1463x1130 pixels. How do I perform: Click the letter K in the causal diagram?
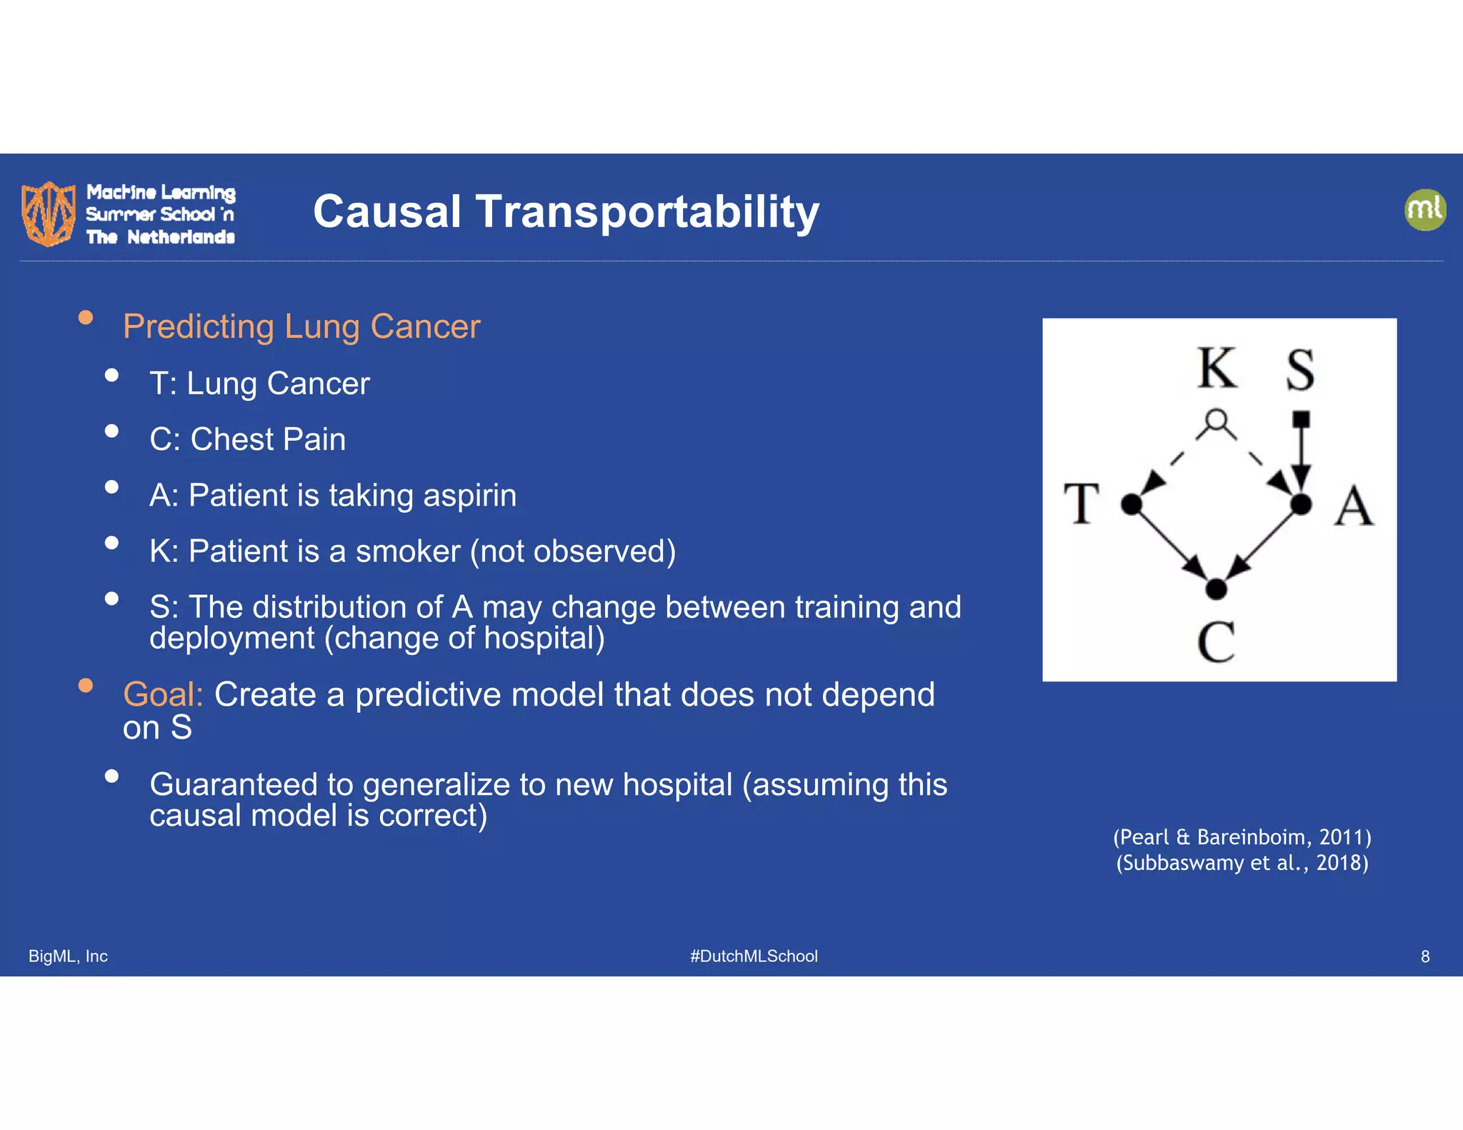click(1217, 369)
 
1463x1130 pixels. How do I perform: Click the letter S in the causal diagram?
click(1300, 370)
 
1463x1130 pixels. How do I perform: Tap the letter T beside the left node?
click(1081, 504)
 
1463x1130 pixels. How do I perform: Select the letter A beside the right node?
click(1353, 506)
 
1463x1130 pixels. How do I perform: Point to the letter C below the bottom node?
click(1216, 641)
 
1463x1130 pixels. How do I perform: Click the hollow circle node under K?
click(1216, 419)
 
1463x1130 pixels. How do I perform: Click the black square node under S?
click(1301, 419)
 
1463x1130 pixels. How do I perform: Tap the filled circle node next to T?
click(1132, 504)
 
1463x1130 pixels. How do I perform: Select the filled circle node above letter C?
click(1216, 589)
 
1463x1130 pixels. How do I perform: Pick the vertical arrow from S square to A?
click(1301, 457)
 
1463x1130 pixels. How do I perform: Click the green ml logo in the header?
click(1424, 210)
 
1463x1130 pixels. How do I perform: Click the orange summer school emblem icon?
click(48, 213)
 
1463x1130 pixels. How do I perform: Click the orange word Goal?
click(163, 694)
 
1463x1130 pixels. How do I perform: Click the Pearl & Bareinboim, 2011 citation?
click(1242, 836)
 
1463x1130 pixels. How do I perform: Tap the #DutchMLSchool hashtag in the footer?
click(754, 956)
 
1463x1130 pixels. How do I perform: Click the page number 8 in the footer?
click(1424, 956)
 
